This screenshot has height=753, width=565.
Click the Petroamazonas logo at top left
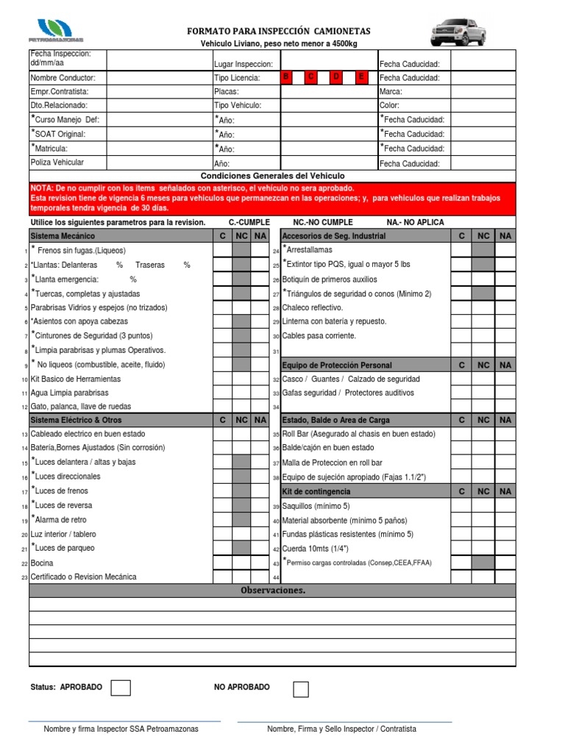[55, 30]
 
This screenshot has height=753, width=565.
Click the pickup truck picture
[458, 32]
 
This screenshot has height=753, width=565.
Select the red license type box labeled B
[287, 77]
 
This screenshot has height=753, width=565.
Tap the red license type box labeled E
[360, 77]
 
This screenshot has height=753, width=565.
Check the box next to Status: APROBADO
[121, 688]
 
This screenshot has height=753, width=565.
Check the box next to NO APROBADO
[301, 689]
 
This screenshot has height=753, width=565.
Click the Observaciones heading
[272, 590]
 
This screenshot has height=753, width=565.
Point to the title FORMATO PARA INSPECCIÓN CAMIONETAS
[279, 31]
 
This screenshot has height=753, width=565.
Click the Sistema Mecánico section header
[63, 236]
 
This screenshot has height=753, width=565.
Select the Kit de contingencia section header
[316, 491]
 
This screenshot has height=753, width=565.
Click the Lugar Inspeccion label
[244, 64]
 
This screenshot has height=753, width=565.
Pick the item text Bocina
[42, 563]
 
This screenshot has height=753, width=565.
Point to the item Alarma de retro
[61, 519]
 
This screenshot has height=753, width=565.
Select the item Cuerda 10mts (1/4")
[316, 549]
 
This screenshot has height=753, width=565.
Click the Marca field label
[391, 92]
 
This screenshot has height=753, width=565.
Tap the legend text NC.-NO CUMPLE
[323, 222]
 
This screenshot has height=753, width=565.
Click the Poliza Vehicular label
[57, 163]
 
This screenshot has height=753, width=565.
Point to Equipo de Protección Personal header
[337, 365]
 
